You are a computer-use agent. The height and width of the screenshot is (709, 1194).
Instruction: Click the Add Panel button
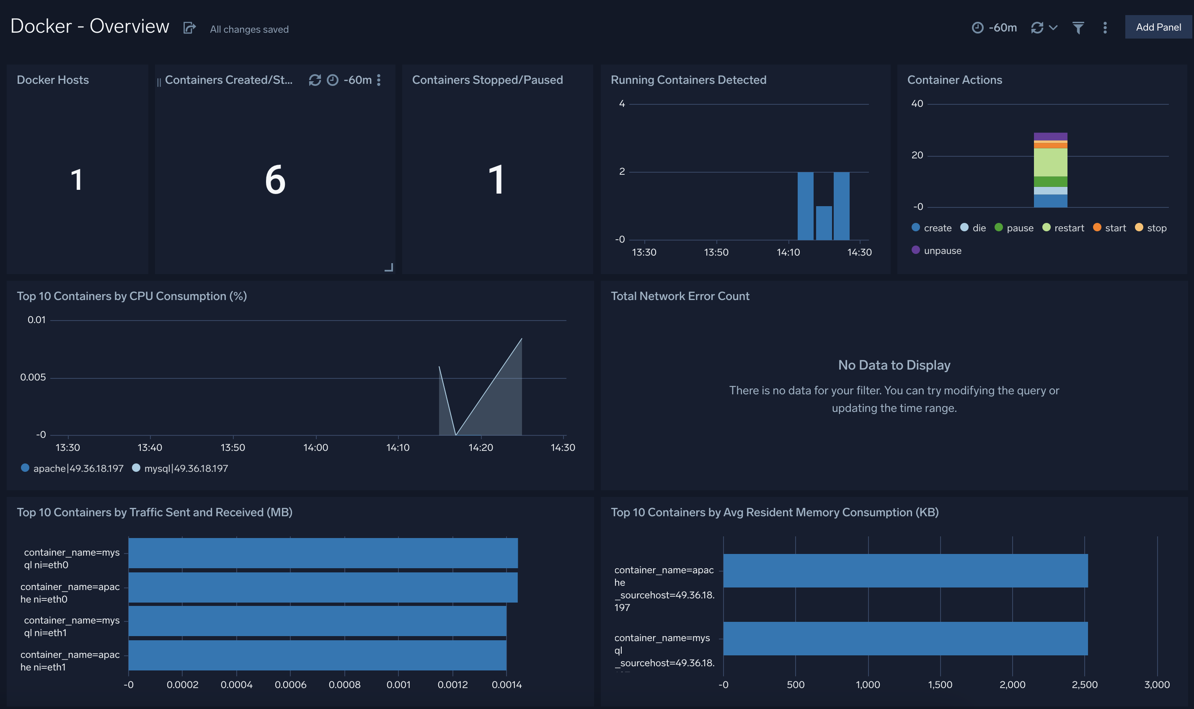point(1158,27)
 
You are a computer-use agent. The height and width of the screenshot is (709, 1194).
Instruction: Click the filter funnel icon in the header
point(1078,28)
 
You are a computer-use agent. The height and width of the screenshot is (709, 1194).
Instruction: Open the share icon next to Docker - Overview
point(189,28)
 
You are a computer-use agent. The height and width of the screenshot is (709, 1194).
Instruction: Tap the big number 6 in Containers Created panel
point(275,180)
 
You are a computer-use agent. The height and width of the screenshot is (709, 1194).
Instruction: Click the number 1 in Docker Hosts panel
point(76,180)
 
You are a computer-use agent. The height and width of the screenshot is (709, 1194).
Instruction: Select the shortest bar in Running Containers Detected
point(823,223)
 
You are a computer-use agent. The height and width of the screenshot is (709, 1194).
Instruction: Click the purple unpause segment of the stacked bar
point(1050,136)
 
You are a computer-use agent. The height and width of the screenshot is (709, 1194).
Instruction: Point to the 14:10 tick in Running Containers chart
point(788,252)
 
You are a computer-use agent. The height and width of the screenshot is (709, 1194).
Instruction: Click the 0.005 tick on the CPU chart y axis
point(33,378)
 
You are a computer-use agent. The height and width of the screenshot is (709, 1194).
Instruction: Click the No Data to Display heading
point(894,365)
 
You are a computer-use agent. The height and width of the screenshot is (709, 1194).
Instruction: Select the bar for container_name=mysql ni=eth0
point(323,553)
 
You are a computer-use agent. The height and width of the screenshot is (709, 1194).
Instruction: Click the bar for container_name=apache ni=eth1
point(317,655)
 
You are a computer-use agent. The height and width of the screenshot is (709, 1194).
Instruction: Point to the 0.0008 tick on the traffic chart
point(344,685)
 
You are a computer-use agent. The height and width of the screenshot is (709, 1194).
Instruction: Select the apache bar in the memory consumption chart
point(905,570)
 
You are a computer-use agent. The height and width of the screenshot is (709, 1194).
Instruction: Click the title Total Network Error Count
point(680,296)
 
